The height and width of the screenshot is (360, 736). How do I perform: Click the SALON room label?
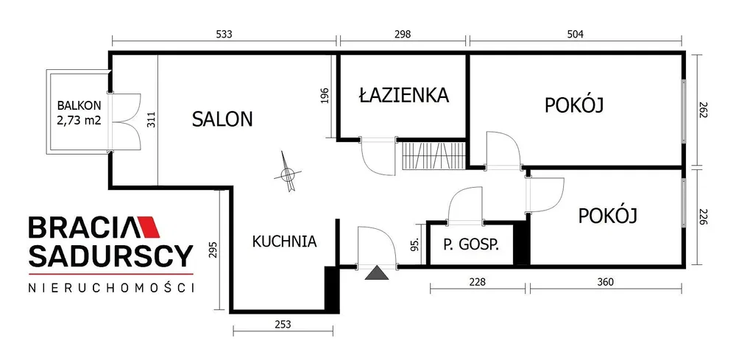(222, 119)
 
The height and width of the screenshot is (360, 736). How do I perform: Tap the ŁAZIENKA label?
(404, 95)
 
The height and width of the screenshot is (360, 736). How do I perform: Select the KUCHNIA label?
(284, 241)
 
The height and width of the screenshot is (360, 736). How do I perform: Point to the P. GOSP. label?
(471, 244)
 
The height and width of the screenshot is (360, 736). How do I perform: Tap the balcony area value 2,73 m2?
(79, 120)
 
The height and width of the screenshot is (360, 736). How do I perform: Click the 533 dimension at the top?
(224, 35)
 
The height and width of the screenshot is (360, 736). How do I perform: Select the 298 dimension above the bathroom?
(403, 35)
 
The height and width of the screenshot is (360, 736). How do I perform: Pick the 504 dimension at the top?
(575, 35)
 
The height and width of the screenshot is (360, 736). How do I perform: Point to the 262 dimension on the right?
(703, 110)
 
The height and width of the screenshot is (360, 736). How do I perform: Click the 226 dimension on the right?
(703, 216)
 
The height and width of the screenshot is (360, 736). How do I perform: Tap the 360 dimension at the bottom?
(606, 282)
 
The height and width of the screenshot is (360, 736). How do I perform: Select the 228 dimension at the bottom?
(478, 282)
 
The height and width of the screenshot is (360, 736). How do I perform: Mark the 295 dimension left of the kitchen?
(213, 250)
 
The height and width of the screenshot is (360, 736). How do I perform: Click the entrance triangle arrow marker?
(377, 272)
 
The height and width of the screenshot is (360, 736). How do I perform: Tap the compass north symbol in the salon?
(287, 172)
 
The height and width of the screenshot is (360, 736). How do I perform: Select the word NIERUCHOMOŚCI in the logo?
(111, 288)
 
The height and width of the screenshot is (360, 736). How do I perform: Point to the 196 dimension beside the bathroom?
(328, 95)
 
